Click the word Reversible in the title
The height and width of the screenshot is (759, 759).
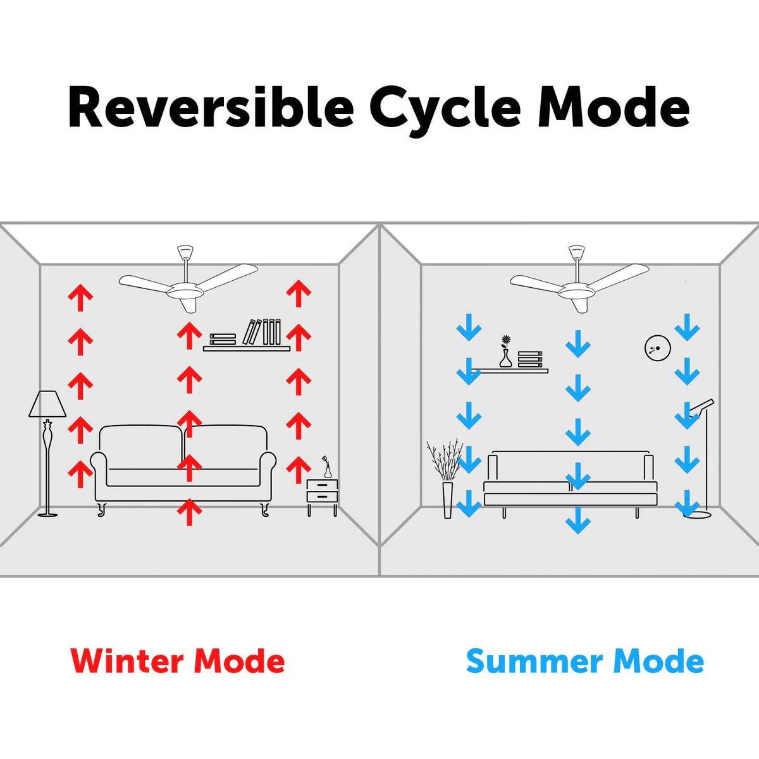pyautogui.click(x=211, y=107)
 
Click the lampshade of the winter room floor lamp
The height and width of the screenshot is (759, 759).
pyautogui.click(x=47, y=404)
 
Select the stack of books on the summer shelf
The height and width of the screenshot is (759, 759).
pyautogui.click(x=530, y=360)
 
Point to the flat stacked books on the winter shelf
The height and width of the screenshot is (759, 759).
pyautogui.click(x=223, y=339)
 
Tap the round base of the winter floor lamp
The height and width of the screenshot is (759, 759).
pyautogui.click(x=48, y=514)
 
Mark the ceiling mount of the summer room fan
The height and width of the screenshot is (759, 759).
pyautogui.click(x=577, y=252)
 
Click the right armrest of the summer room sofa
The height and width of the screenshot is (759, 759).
pyautogui.click(x=649, y=468)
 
